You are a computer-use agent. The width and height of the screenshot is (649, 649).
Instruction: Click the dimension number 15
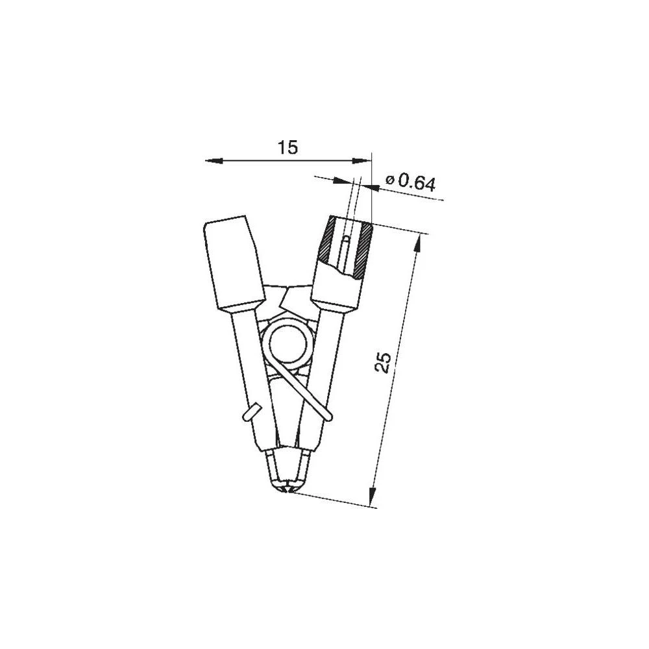coord(288,148)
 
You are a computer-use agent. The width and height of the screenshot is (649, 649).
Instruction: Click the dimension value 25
coord(384,362)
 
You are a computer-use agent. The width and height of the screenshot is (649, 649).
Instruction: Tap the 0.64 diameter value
coord(416,183)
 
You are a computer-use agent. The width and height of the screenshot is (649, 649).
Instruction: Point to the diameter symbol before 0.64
coord(389,180)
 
